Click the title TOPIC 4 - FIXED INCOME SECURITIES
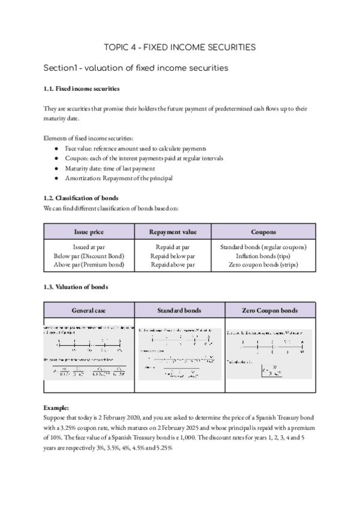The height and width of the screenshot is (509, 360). point(180,46)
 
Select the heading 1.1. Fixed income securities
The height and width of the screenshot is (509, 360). point(82,89)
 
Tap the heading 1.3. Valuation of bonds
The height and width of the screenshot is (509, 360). point(76,287)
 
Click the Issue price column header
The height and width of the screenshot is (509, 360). point(89,231)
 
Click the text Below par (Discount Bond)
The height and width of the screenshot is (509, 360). point(89,256)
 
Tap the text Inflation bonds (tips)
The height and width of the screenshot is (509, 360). point(264,256)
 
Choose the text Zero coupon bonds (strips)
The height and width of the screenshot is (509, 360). point(264,264)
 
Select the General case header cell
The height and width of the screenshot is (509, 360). point(89,310)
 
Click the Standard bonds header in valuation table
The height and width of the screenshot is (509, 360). point(179,310)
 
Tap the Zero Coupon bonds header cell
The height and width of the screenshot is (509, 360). point(269,310)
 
